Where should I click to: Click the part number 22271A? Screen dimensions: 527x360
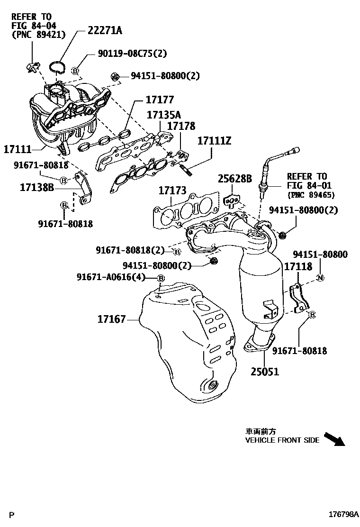104,31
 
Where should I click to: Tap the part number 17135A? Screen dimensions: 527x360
163,115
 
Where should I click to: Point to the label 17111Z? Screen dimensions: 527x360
214,141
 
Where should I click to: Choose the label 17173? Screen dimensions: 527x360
172,191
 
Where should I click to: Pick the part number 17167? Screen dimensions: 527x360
112,319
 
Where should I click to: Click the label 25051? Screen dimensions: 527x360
265,372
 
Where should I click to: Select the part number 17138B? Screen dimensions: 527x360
37,188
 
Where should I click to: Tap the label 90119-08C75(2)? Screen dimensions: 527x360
126,54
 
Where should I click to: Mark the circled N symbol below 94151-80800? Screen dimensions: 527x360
320,278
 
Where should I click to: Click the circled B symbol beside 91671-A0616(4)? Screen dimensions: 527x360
161,278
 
